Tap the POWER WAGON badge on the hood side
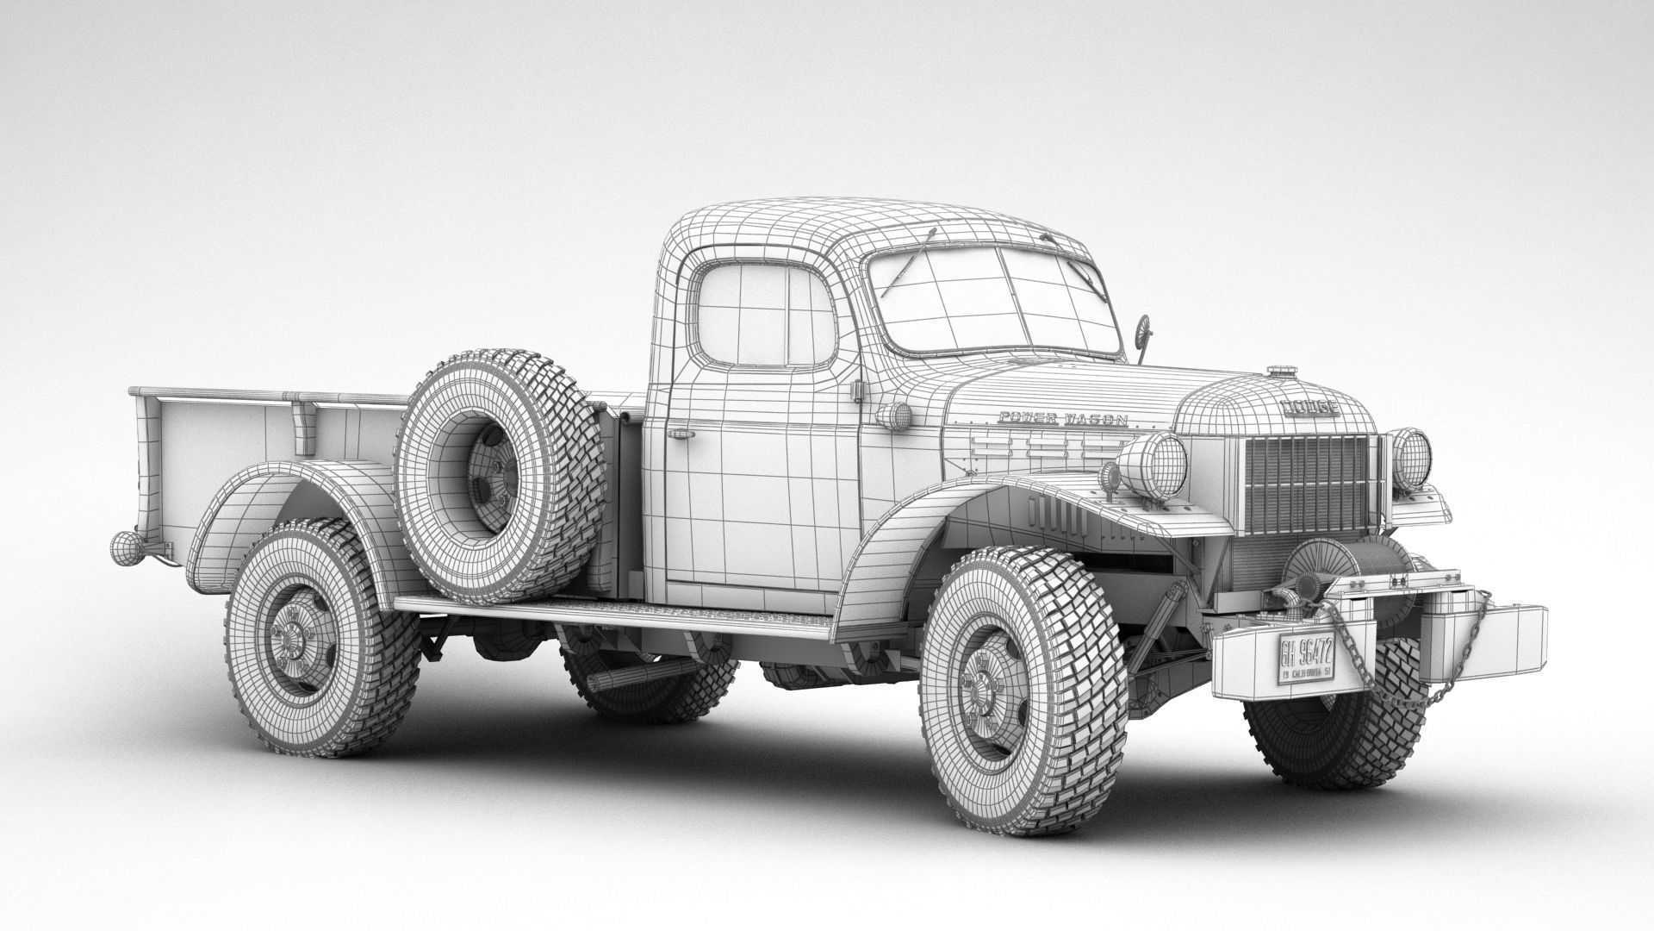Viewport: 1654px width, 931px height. (x=1061, y=419)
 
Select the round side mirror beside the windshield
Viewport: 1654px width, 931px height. (x=1144, y=328)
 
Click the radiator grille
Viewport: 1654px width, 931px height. (x=1307, y=483)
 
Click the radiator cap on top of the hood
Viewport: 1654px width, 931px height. (x=1281, y=373)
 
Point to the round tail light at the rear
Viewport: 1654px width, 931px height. (x=125, y=545)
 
